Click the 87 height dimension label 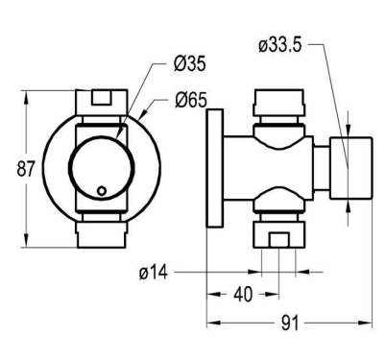[x=26, y=169]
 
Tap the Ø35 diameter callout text [x=190, y=63]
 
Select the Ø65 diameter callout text [x=191, y=101]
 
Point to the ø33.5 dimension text [x=280, y=45]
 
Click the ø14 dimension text [x=154, y=273]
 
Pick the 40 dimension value [x=243, y=295]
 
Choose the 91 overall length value [x=290, y=323]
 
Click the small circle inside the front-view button [x=102, y=191]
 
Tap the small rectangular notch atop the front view [x=102, y=98]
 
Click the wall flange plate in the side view [x=215, y=168]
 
